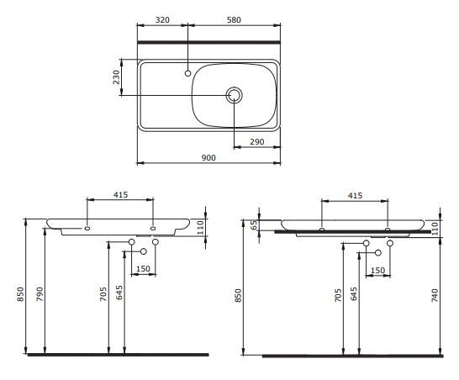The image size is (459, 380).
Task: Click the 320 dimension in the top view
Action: tap(162, 20)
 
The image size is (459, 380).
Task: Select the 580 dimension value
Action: tap(234, 20)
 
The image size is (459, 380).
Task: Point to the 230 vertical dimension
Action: tap(117, 77)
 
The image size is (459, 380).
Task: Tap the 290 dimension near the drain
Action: tap(257, 142)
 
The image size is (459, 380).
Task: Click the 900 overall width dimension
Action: tap(208, 158)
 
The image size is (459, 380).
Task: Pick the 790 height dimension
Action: tap(40, 294)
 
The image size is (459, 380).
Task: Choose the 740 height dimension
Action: tap(435, 295)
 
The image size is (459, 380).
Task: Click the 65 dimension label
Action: tap(254, 224)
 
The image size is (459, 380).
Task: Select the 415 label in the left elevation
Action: tap(120, 195)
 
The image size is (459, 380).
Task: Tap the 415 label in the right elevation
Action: tap(355, 195)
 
